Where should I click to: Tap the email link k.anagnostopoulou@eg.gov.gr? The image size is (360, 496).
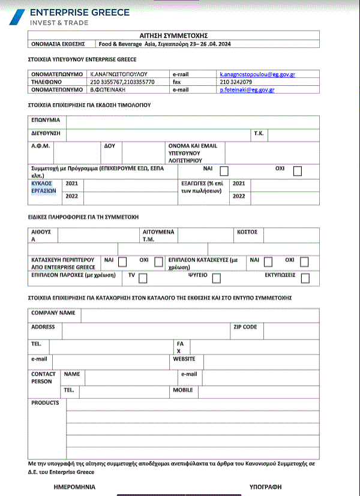pyautogui.click(x=257, y=74)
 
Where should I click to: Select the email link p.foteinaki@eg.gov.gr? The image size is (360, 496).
pyautogui.click(x=247, y=89)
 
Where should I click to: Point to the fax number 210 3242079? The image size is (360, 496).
pyautogui.click(x=236, y=82)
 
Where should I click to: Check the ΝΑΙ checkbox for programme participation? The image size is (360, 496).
pyautogui.click(x=224, y=170)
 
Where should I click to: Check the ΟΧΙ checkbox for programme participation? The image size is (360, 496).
pyautogui.click(x=298, y=170)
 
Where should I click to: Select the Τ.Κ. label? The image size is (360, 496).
pyautogui.click(x=259, y=133)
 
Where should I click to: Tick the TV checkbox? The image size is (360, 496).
pyautogui.click(x=143, y=278)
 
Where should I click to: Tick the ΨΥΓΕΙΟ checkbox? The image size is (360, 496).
pyautogui.click(x=216, y=278)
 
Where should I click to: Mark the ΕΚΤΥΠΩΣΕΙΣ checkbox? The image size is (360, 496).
pyautogui.click(x=305, y=278)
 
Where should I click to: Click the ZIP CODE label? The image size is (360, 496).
pyautogui.click(x=245, y=327)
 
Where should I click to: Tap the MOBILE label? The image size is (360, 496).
pyautogui.click(x=183, y=390)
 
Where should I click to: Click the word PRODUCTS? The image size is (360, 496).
pyautogui.click(x=45, y=403)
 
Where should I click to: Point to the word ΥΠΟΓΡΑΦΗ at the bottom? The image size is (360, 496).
pyautogui.click(x=266, y=486)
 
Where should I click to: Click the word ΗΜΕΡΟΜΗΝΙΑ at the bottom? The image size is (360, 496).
pyautogui.click(x=74, y=486)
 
